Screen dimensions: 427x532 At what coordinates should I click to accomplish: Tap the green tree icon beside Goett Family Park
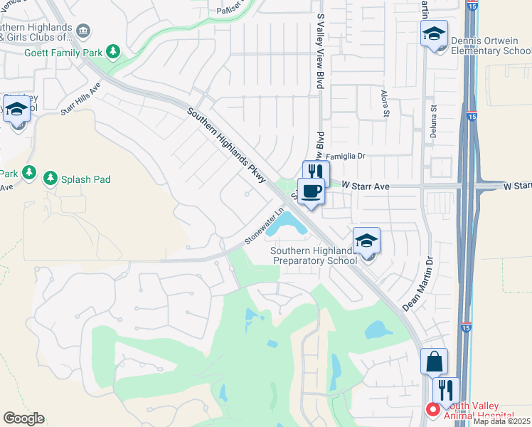coord(112,51)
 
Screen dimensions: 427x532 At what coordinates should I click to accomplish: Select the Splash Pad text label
coord(85,179)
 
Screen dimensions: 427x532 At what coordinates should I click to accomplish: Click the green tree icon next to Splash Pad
coord(50,178)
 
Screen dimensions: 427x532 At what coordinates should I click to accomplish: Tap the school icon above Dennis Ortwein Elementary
coord(433,33)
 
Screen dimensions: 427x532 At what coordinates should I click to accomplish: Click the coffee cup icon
coord(310,190)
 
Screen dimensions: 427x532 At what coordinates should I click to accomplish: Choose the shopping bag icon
coord(434,361)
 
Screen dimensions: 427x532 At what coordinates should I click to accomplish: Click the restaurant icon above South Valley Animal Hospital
coord(446,389)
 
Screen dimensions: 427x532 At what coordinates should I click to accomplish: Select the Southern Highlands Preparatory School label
coord(315,255)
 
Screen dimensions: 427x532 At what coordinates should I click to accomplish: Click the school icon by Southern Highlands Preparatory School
coord(366,241)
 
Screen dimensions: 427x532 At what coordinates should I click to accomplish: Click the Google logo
coord(23,418)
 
